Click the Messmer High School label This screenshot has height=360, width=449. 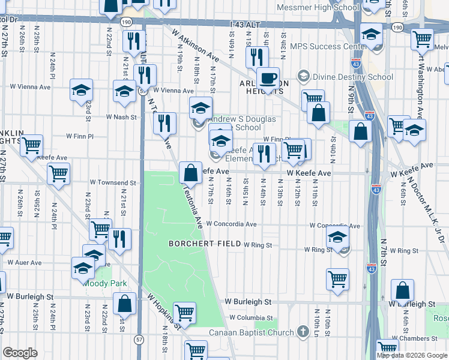pyautogui.click(x=318, y=8)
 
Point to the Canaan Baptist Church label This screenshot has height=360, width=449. pyautogui.click(x=252, y=332)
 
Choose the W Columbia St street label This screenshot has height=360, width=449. pyautogui.click(x=251, y=318)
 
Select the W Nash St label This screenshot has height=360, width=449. pyautogui.click(x=122, y=117)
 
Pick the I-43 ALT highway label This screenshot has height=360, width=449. pyautogui.click(x=247, y=24)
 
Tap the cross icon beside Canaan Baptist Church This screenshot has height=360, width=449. pyautogui.click(x=304, y=332)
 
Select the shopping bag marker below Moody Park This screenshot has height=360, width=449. pyautogui.click(x=124, y=304)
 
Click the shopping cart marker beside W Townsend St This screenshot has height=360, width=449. pyautogui.click(x=59, y=174)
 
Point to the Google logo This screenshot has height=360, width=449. pyautogui.click(x=20, y=353)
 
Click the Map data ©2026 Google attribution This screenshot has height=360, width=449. pyautogui.click(x=412, y=355)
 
